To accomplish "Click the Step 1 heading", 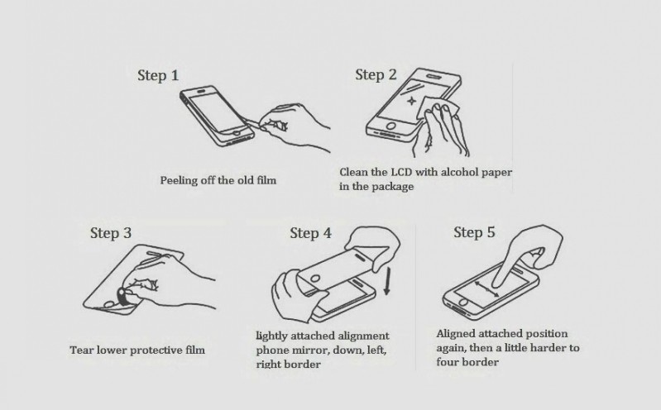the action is [x=158, y=75].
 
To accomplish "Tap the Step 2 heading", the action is [x=376, y=74].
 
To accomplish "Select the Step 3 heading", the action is [x=111, y=233].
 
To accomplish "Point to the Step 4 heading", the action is [x=311, y=233].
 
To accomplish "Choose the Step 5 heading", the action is [x=474, y=232].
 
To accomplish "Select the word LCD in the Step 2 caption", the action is [x=402, y=172].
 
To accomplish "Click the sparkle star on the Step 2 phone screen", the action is [x=410, y=101].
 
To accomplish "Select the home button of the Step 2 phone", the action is [x=391, y=126].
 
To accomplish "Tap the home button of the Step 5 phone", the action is [x=463, y=303].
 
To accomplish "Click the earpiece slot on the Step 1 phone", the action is [x=203, y=91].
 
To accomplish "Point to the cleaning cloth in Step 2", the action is [x=436, y=107].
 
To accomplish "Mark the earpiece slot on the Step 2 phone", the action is [x=433, y=77].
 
